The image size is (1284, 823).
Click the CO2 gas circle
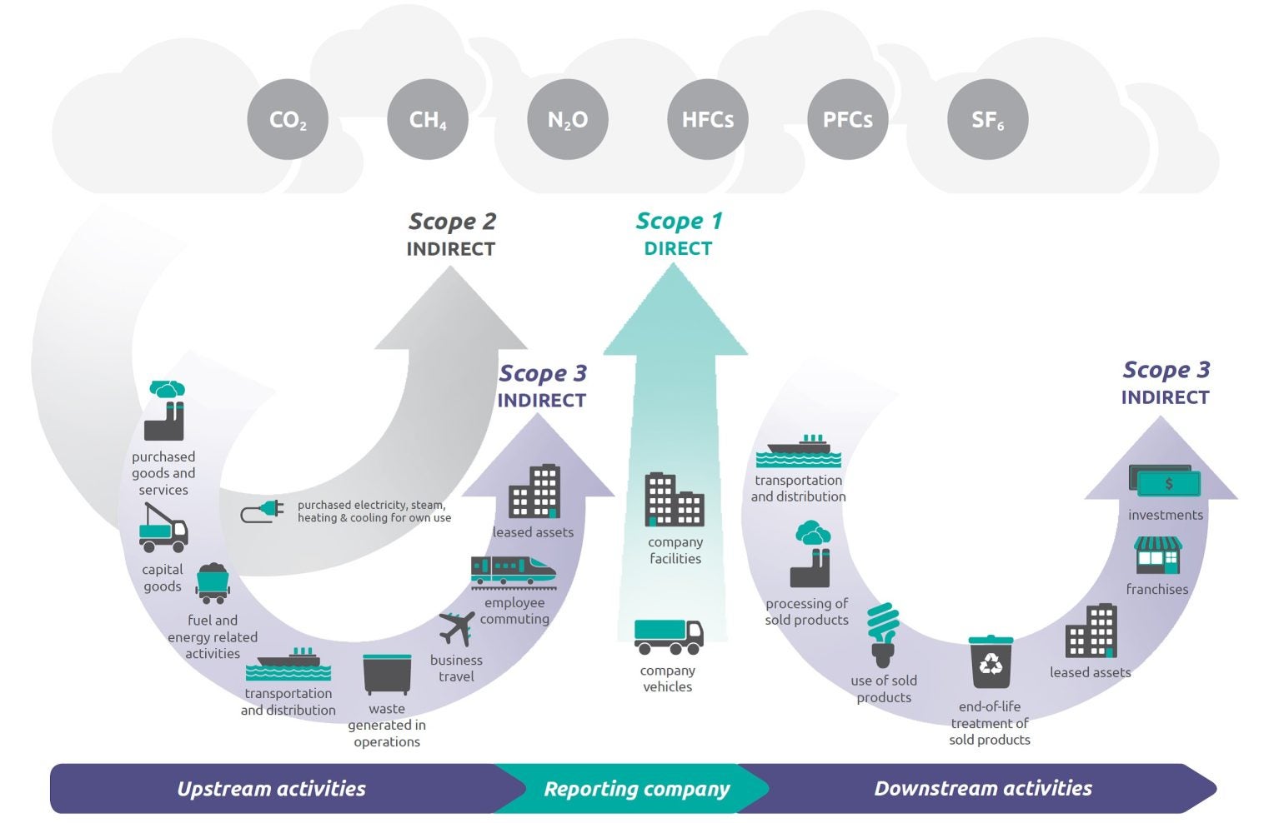click(x=288, y=120)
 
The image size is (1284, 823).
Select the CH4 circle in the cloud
click(x=428, y=120)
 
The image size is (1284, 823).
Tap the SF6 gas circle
click(x=988, y=120)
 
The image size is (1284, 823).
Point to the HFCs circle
click(x=708, y=120)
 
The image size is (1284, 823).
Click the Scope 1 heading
click(x=679, y=222)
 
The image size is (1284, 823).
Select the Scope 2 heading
click(x=452, y=222)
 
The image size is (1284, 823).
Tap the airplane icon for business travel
click(x=457, y=629)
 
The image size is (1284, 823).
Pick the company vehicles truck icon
click(x=668, y=637)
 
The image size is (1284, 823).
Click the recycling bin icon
click(x=991, y=662)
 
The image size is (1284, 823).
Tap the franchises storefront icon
click(x=1157, y=556)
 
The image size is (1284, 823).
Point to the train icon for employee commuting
click(x=513, y=571)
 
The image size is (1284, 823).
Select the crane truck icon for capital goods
click(x=163, y=528)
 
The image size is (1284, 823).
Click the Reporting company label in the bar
click(x=636, y=789)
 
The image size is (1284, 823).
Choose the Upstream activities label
click(x=271, y=789)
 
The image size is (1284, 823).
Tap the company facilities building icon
click(x=674, y=500)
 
